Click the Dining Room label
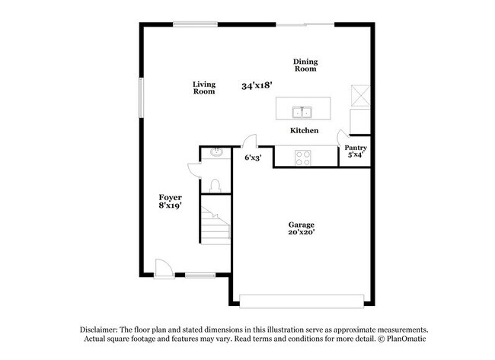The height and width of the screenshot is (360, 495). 305,65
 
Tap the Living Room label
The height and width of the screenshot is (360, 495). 203,88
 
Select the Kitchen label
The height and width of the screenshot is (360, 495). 303,131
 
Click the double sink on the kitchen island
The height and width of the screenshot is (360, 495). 302,113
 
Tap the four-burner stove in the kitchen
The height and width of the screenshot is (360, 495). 302,158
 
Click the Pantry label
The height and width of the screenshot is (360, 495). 356,148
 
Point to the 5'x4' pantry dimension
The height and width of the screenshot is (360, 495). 356,155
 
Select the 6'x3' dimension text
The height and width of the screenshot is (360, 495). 253,158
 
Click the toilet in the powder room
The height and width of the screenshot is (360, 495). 216,184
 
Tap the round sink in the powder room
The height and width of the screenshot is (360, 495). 216,152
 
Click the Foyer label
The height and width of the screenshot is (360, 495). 170,197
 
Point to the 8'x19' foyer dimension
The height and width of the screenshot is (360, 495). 170,205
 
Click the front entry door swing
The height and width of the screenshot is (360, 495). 163,267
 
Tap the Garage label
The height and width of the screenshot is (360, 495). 302,225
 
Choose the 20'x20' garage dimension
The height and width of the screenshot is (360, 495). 302,233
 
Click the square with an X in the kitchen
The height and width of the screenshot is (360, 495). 359,94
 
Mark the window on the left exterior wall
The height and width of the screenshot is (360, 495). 140,97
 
